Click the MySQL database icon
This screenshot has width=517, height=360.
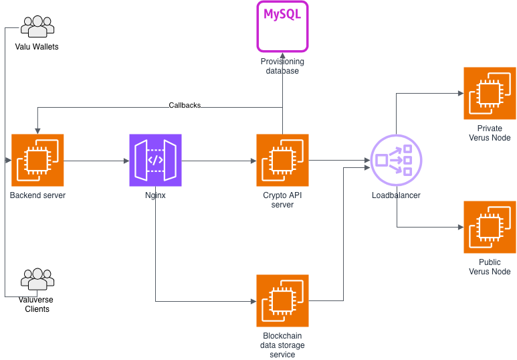282,27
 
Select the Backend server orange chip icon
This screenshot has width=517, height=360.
37,160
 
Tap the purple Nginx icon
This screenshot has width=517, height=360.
155,160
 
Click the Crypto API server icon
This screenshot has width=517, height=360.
282,160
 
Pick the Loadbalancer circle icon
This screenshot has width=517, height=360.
397,160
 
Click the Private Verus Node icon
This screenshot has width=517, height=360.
490,93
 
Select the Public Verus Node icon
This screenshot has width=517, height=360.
490,227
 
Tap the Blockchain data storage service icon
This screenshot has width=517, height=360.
282,300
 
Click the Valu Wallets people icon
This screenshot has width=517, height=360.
37,27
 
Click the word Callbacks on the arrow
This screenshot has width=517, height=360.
185,105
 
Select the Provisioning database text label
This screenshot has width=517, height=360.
282,66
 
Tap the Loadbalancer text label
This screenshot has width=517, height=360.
396,195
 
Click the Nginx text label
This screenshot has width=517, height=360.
155,195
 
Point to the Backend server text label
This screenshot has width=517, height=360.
37,195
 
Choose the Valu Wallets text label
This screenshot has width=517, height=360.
37,47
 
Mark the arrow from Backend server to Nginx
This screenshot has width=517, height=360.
96,161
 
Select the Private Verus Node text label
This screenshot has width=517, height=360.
490,133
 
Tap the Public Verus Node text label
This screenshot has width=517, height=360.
490,267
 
